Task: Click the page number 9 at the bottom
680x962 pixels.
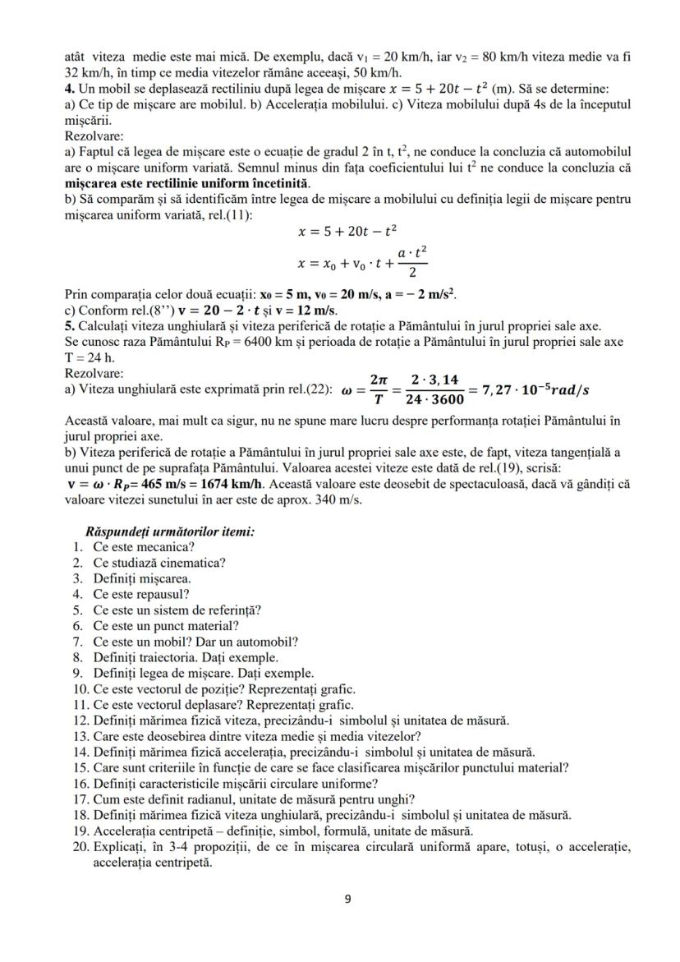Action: pos(347,899)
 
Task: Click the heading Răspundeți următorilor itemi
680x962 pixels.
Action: pos(170,532)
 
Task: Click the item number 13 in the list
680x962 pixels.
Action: pos(80,735)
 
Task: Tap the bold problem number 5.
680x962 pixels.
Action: pos(69,325)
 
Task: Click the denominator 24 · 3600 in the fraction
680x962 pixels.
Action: pos(436,398)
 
